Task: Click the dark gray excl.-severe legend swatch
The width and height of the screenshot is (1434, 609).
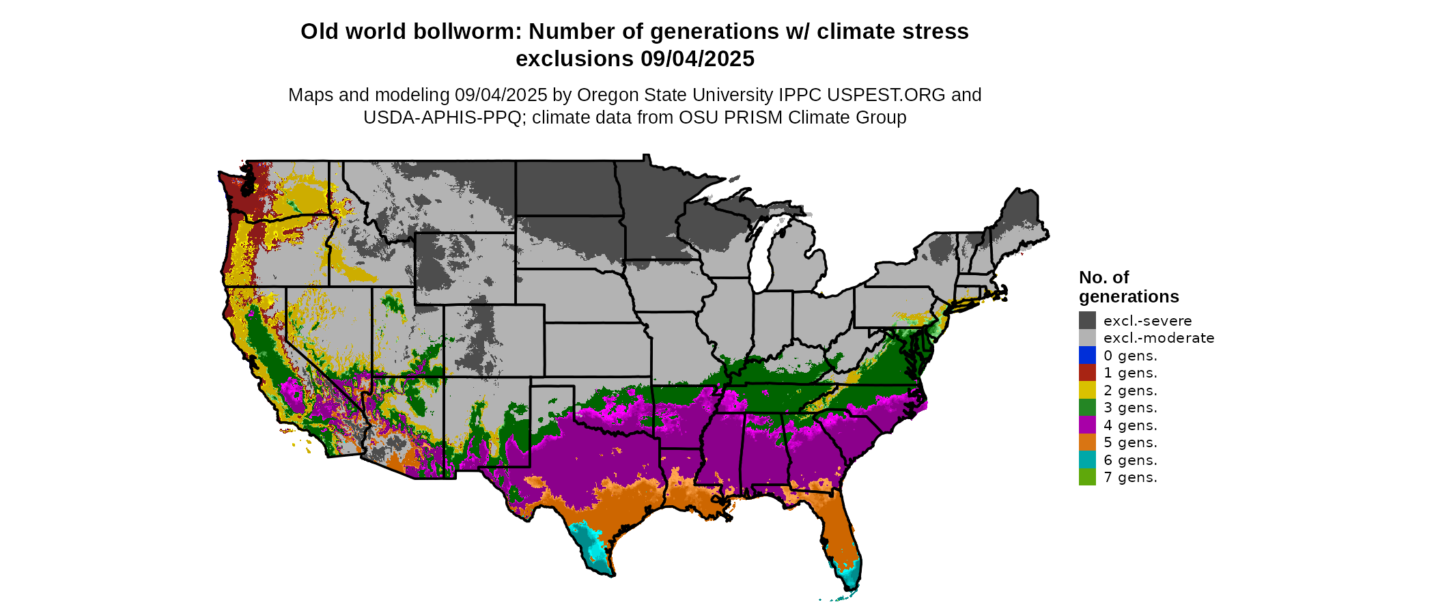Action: [1087, 320]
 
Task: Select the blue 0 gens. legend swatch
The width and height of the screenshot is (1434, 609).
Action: [1087, 355]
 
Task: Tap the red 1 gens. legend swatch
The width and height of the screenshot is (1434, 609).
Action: [1087, 373]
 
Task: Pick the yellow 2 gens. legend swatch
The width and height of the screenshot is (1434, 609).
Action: [1087, 390]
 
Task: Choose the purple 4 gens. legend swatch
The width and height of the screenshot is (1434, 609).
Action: [1087, 425]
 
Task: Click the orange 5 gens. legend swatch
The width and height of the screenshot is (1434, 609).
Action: [1087, 442]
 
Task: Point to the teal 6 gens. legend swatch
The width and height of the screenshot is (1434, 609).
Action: [1087, 459]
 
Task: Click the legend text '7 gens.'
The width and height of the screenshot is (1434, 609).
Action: [1130, 477]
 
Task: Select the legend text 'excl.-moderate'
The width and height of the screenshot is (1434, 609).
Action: [1158, 338]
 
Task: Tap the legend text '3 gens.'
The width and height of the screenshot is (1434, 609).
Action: [1130, 408]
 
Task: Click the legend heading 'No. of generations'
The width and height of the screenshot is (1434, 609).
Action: [1128, 287]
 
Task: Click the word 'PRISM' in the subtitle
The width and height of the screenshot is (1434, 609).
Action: [753, 117]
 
